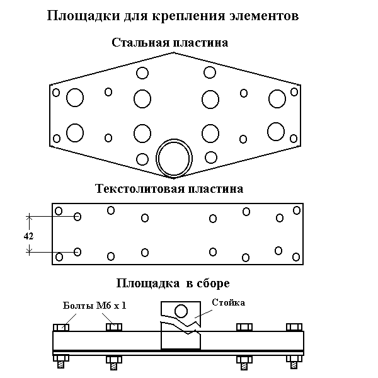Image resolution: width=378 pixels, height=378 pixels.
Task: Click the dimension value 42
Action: coord(28,236)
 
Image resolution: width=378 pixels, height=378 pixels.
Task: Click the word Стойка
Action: coord(228,302)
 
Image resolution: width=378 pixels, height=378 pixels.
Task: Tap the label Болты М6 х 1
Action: coord(94,306)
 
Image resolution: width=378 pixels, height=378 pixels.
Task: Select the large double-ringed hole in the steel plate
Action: coord(174,158)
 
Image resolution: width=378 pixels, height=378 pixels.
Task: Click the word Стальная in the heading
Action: coord(140,42)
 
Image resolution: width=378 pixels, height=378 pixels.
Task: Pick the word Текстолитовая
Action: coord(140,188)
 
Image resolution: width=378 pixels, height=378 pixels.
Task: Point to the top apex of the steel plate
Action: coord(174,52)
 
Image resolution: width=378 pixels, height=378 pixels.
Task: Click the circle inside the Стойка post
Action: coord(181,311)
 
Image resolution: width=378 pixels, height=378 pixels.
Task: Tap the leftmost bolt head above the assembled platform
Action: coord(61,328)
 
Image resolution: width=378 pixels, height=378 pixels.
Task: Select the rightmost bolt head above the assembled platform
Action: coord(294,327)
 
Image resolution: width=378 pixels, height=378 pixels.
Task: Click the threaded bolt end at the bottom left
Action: coord(60,365)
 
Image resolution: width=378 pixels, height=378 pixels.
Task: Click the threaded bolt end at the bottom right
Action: coord(294,365)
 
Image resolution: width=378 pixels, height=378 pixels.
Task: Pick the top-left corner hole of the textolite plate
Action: coord(59,211)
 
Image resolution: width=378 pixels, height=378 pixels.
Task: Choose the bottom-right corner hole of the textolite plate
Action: coord(296,257)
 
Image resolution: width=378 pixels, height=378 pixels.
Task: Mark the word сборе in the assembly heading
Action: coord(213,283)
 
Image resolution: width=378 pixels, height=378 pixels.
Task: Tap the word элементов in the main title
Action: coord(264,16)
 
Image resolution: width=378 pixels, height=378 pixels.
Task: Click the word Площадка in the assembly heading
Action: coord(148,283)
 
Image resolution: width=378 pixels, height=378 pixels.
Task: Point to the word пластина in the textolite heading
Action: coord(215,188)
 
